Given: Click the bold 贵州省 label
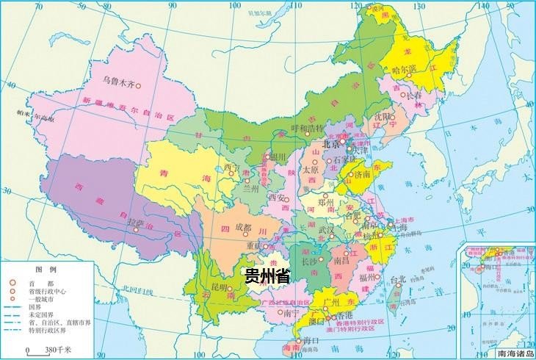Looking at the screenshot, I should (267, 277).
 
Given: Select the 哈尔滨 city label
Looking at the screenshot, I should (405, 69).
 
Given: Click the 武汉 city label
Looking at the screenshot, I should (327, 230).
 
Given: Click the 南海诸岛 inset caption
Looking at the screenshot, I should (511, 353).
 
